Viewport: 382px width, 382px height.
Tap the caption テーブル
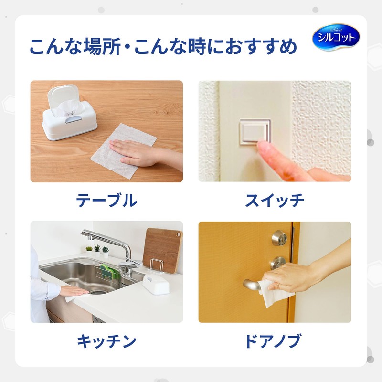click(x=106, y=200)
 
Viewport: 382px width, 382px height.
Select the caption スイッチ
click(x=275, y=200)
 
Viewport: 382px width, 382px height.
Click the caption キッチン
click(x=106, y=341)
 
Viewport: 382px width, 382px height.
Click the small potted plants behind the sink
click(x=97, y=249)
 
